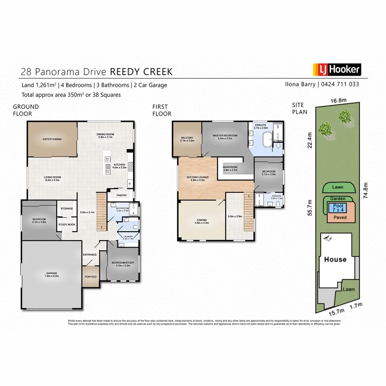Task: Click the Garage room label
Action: (x=51, y=274)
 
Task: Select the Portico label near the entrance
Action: (x=90, y=277)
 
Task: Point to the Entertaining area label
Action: (x=52, y=139)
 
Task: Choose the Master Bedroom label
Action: (x=225, y=137)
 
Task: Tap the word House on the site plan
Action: (x=335, y=259)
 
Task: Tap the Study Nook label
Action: (x=67, y=224)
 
